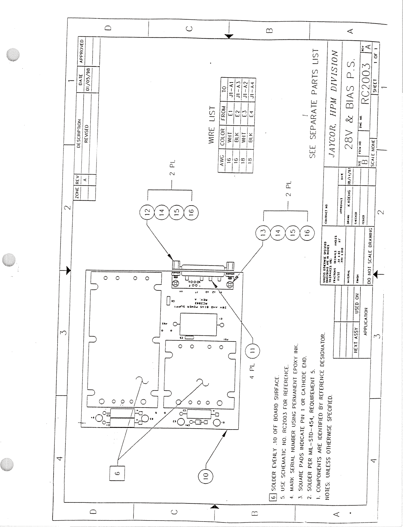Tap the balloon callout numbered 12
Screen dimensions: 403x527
point(147,212)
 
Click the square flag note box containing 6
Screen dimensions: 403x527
point(117,473)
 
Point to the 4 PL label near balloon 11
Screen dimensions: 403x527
point(253,371)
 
